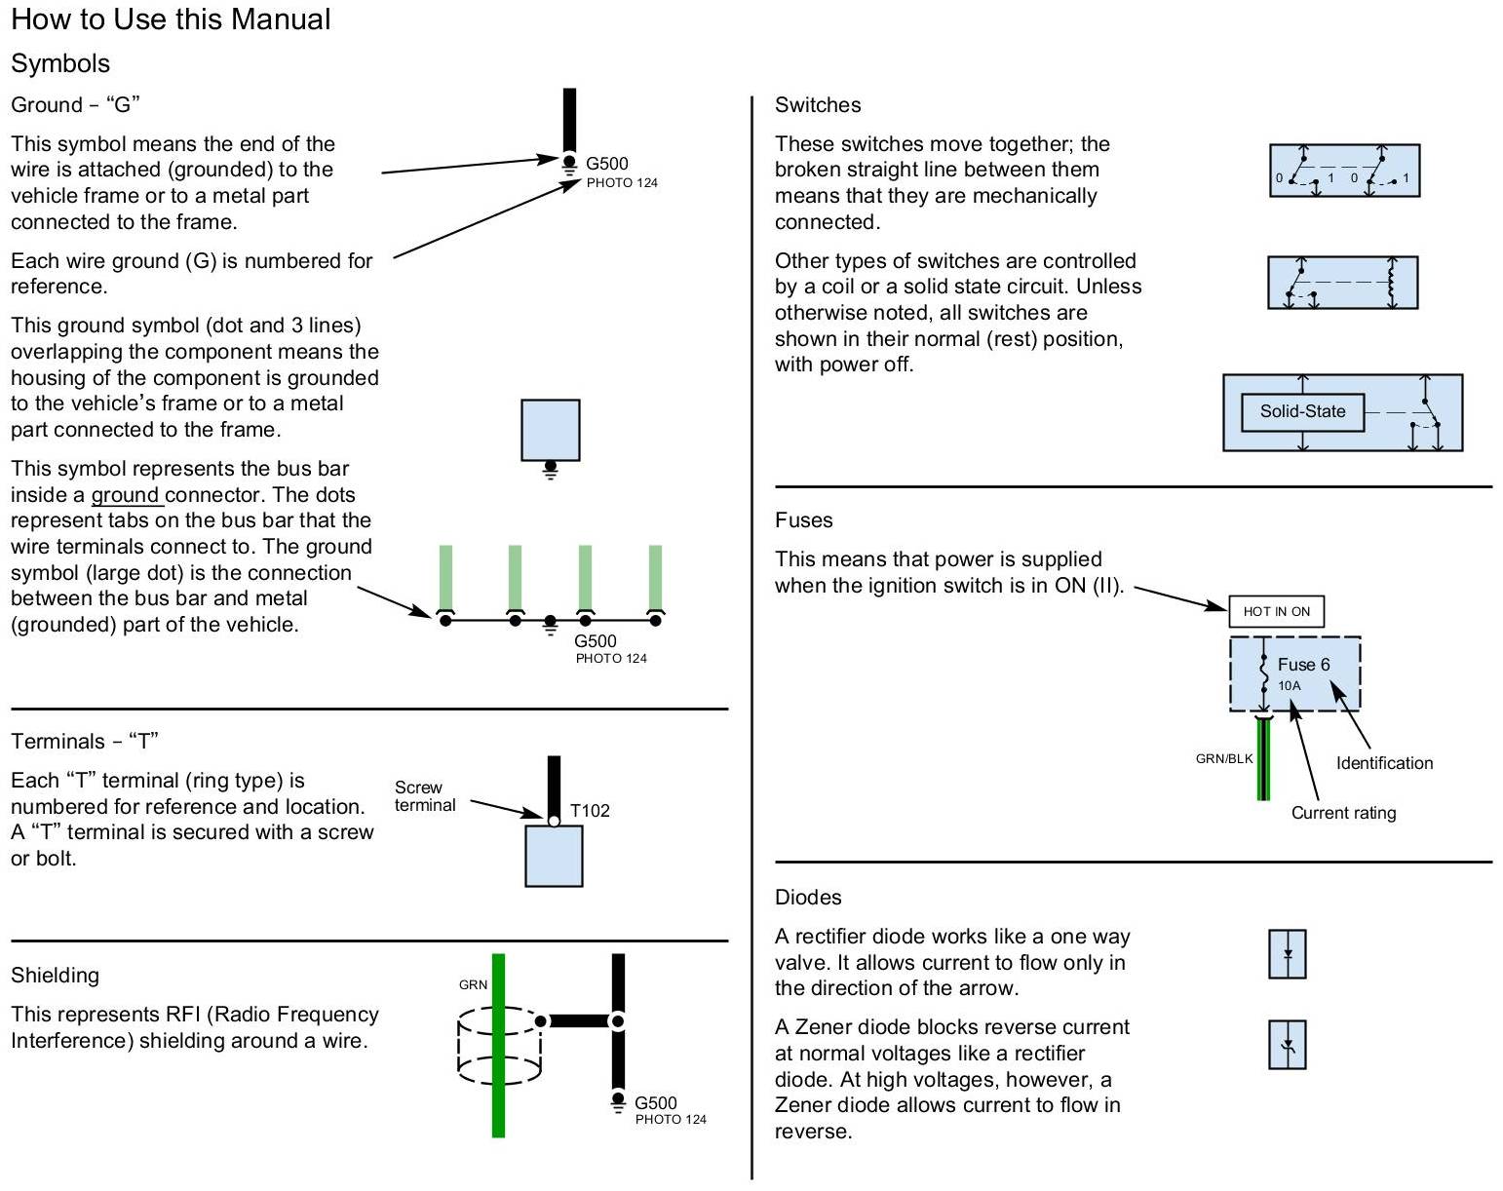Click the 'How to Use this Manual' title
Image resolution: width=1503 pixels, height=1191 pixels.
pyautogui.click(x=171, y=19)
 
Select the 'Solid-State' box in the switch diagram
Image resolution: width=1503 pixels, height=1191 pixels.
pyautogui.click(x=1302, y=411)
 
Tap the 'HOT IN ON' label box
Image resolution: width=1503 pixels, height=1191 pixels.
pyautogui.click(x=1276, y=611)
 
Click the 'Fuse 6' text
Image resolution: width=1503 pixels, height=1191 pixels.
pyautogui.click(x=1303, y=665)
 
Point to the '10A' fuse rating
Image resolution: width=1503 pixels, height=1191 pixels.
pyautogui.click(x=1289, y=686)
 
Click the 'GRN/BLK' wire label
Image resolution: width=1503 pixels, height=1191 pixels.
pyautogui.click(x=1224, y=758)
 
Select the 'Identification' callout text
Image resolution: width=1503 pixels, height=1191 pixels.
pyautogui.click(x=1384, y=763)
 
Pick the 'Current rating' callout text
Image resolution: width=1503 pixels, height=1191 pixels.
pyautogui.click(x=1343, y=813)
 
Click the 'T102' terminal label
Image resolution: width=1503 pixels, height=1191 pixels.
pyautogui.click(x=590, y=810)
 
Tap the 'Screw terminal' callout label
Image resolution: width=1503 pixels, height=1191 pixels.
pyautogui.click(x=425, y=796)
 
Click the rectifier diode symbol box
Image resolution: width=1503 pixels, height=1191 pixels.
pyautogui.click(x=1288, y=954)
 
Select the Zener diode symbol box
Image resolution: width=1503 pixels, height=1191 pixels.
pyautogui.click(x=1288, y=1045)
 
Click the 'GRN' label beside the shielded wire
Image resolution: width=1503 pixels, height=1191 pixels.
pyautogui.click(x=473, y=984)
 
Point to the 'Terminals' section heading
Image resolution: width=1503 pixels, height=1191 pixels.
pyautogui.click(x=84, y=742)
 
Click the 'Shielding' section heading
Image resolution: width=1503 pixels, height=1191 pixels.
pyautogui.click(x=55, y=976)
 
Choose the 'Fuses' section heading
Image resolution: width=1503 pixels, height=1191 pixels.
pyautogui.click(x=803, y=520)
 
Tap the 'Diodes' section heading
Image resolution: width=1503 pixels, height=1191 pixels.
pyautogui.click(x=808, y=898)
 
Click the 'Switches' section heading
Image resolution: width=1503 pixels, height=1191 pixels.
pyautogui.click(x=818, y=105)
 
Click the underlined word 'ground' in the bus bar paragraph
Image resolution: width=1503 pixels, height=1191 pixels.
pyautogui.click(x=126, y=495)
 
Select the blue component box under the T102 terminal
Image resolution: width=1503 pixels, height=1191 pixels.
pyautogui.click(x=554, y=856)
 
